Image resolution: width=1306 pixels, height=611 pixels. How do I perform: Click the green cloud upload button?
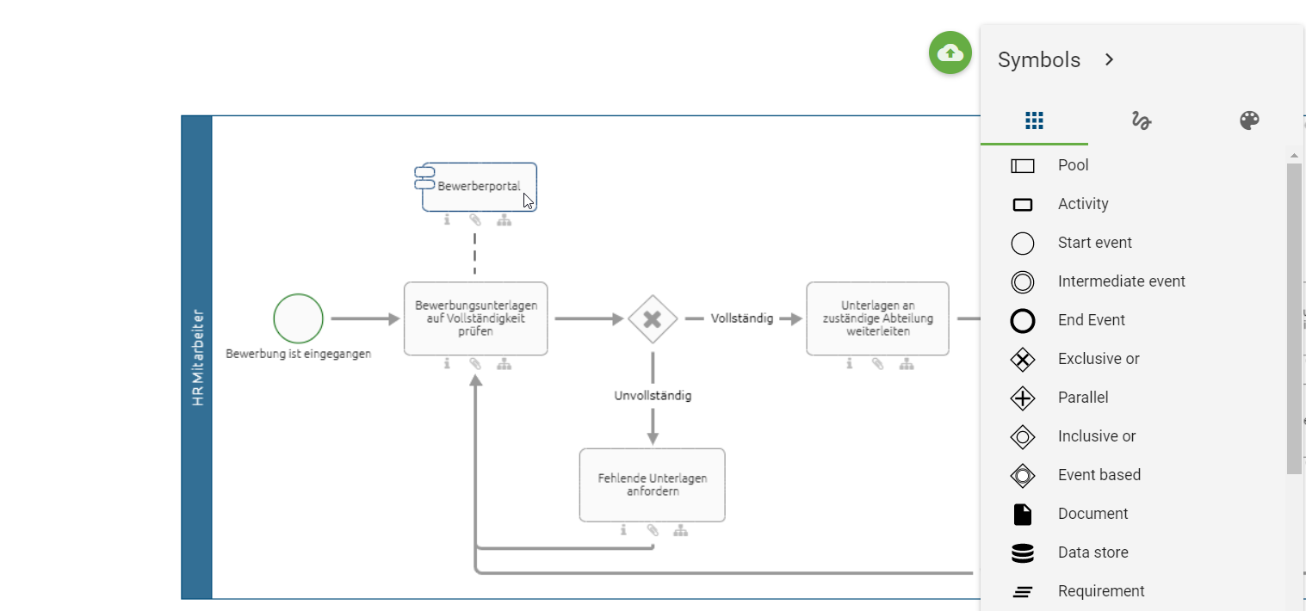click(950, 52)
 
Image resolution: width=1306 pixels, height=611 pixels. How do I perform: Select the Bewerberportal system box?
click(480, 187)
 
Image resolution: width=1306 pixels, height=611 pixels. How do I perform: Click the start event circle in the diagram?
click(299, 318)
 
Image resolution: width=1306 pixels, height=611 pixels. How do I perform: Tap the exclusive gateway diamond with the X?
click(653, 319)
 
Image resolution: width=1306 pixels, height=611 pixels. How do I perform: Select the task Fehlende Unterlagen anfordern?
click(652, 484)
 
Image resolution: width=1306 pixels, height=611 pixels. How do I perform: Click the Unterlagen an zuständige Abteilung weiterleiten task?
click(877, 318)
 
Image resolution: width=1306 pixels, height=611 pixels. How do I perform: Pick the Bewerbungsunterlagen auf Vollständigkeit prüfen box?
click(475, 318)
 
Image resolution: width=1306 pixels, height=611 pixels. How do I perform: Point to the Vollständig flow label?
click(742, 318)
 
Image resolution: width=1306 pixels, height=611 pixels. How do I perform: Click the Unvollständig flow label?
click(653, 396)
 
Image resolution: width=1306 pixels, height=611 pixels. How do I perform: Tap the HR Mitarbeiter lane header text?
click(197, 357)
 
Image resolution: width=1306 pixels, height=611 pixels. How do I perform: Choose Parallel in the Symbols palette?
click(1083, 398)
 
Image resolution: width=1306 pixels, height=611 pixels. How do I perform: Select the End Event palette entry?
click(1091, 320)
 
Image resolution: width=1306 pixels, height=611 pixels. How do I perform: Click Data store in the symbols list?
click(1092, 552)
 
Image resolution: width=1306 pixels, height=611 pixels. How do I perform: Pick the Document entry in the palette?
click(1092, 514)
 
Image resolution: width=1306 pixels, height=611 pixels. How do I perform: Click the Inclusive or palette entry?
click(1096, 436)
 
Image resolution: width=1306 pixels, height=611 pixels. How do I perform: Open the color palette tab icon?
click(1249, 120)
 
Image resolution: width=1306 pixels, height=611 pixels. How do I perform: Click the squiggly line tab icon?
click(1142, 120)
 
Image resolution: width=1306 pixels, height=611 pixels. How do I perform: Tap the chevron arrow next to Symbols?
click(1110, 59)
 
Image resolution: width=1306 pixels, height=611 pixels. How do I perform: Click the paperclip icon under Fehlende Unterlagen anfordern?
click(653, 530)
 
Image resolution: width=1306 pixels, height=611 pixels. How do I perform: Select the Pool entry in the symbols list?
click(1073, 165)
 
